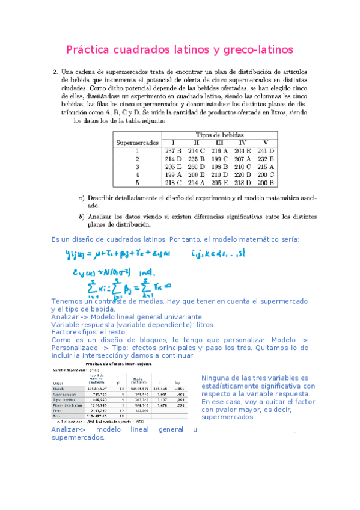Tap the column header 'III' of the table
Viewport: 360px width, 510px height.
coord(219,143)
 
